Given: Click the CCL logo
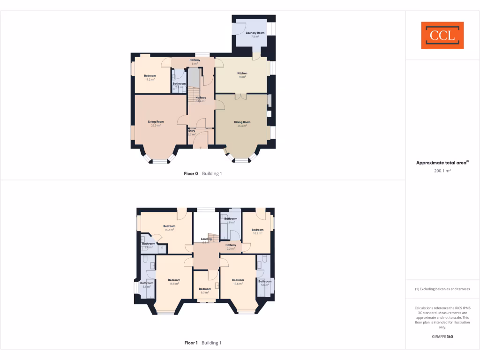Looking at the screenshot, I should (x=442, y=35).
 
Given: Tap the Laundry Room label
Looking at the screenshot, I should (x=255, y=33).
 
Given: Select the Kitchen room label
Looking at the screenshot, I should (x=242, y=73).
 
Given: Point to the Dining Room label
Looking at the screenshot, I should (x=242, y=122).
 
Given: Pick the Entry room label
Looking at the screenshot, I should (x=192, y=131).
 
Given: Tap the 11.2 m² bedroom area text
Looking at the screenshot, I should (x=150, y=80).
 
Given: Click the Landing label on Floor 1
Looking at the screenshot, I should (x=206, y=239).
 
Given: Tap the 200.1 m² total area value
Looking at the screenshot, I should (x=442, y=171).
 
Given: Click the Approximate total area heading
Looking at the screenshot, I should (x=442, y=163).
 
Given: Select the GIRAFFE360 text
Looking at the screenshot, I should (x=442, y=336).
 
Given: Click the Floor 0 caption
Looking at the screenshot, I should (x=191, y=173).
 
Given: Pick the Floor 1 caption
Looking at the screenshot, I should (x=191, y=343).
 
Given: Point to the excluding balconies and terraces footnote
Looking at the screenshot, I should (x=442, y=289).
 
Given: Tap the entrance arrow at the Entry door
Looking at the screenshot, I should (x=201, y=148).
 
